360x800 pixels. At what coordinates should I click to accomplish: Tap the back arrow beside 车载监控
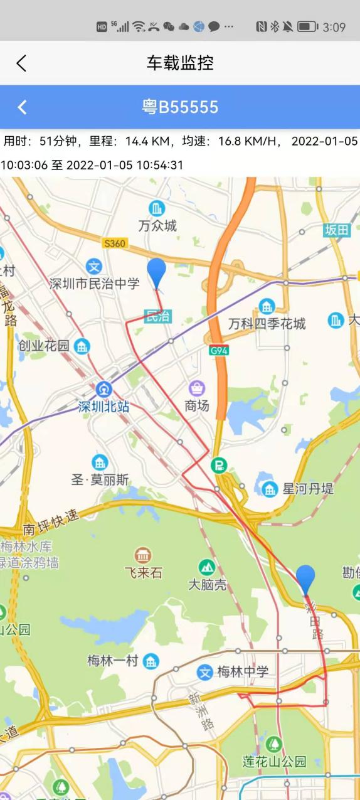pos(21,63)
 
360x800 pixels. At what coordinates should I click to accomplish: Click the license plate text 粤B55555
pos(180,107)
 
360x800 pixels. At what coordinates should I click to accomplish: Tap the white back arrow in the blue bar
pos(23,107)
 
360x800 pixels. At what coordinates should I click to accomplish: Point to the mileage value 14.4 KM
pos(145,141)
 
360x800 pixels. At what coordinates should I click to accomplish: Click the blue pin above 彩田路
pos(305,579)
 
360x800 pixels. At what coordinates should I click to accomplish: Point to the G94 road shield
pos(218,351)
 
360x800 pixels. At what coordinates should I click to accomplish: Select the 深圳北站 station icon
pos(103,389)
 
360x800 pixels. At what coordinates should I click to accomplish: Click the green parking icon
pos(220,466)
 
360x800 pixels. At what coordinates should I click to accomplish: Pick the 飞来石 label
pos(143,572)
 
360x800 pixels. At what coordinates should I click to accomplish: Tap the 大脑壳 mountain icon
pos(207,567)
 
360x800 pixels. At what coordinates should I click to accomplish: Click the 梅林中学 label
pos(242,672)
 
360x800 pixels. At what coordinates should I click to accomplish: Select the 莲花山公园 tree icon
pos(274,744)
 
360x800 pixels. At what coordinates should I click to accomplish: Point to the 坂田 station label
pos(337,230)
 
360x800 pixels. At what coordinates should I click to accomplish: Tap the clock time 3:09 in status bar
pos(334,27)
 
